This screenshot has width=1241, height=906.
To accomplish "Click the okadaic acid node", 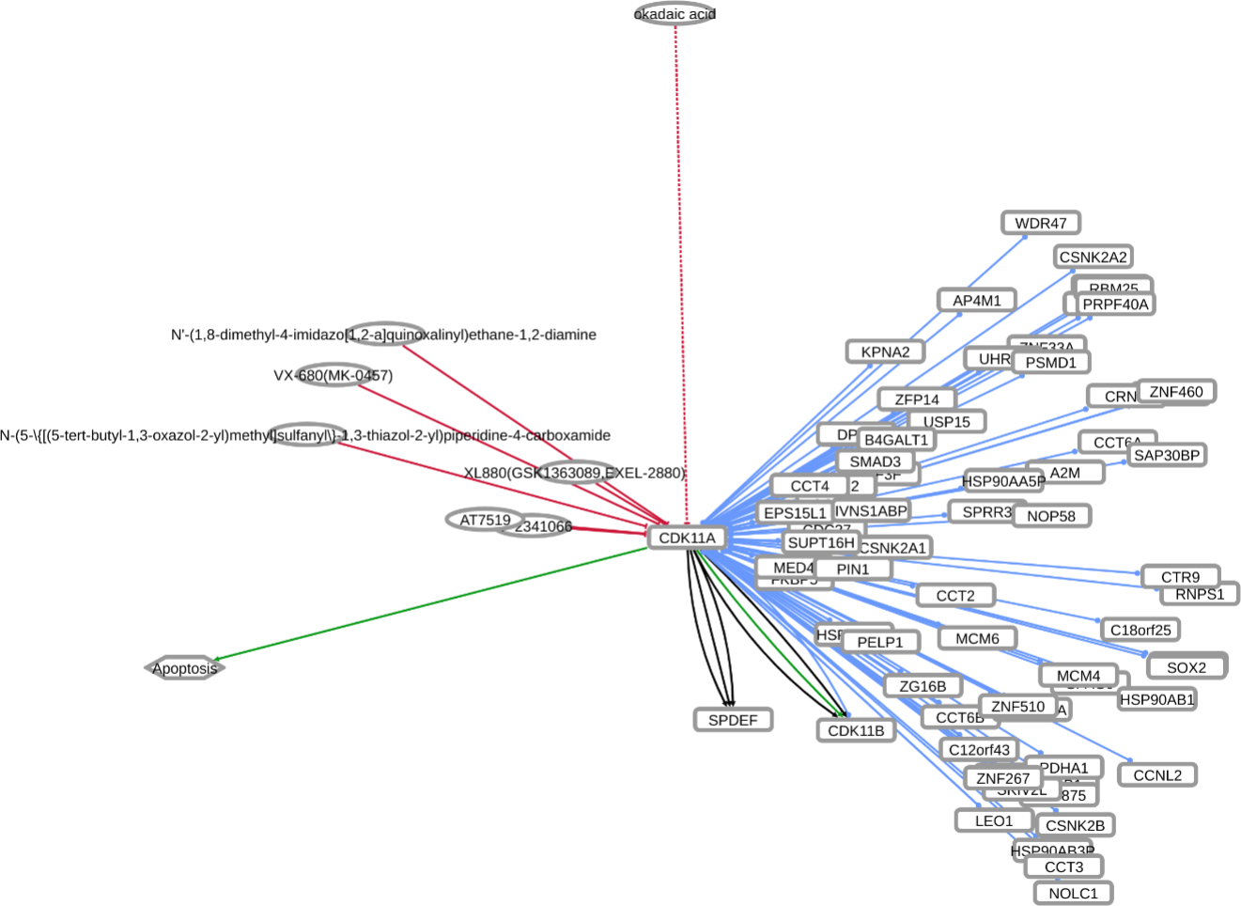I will (675, 14).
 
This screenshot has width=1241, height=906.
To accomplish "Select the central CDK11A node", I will (687, 538).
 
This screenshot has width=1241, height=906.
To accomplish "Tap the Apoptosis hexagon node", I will (184, 668).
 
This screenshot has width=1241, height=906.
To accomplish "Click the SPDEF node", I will (733, 720).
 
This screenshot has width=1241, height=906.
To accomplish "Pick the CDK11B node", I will (855, 730).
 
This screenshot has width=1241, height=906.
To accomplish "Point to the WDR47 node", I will (1040, 223).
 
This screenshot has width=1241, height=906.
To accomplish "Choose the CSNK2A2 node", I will (1093, 257).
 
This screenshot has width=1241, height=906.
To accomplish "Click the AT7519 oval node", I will (485, 520).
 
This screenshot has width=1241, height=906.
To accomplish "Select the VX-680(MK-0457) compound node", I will (334, 375).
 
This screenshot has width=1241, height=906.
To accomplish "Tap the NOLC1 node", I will (1073, 893).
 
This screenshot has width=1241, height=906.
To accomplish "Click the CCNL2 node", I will (1157, 774).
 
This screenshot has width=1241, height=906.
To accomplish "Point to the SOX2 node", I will (1186, 667).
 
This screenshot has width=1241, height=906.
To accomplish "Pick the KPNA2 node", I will (885, 351).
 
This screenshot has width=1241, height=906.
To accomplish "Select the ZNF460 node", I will (1176, 391).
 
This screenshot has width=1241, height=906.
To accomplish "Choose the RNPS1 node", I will (1200, 594).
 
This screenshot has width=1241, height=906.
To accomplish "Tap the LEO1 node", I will (993, 820).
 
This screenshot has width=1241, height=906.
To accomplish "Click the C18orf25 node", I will (1140, 630).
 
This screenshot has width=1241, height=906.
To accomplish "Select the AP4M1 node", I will (977, 300).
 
